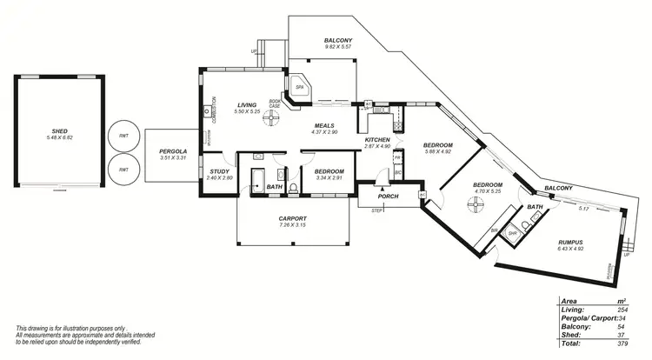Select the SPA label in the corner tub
300,88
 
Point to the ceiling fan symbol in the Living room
273,113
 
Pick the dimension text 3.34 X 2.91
329,178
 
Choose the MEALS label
325,126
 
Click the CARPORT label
293,218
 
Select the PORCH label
389,196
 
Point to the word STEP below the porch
377,211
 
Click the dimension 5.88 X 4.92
437,152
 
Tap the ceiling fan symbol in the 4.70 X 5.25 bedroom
475,204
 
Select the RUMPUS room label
570,242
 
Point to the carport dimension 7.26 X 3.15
293,225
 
